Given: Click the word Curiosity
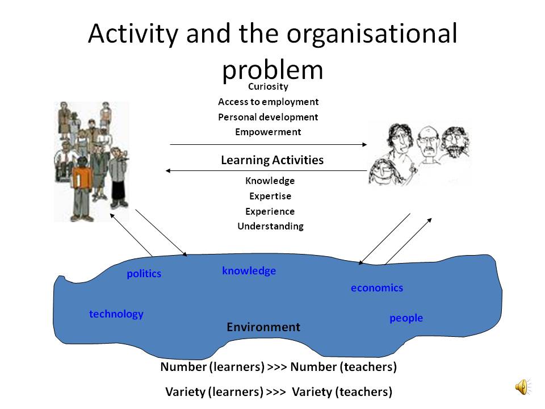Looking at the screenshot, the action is point(268,86).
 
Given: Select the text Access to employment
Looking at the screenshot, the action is point(268,102).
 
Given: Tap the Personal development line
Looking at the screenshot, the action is point(268,117).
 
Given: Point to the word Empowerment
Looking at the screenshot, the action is point(268,132).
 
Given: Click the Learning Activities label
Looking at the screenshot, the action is point(272,160).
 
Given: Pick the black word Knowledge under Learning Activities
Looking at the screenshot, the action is point(270,181).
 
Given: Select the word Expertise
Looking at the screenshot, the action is point(270,196).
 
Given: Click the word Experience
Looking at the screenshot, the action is point(270,211).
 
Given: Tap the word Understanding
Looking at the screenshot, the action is point(270,227).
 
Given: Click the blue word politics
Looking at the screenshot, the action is point(144,274).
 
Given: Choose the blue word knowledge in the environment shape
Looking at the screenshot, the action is point(249,270).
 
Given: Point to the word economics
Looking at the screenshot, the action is point(377,288).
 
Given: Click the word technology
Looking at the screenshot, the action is point(116,314).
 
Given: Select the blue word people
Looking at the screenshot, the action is point(406,318).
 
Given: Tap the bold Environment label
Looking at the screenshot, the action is point(263,327).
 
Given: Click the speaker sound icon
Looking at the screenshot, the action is point(522,387).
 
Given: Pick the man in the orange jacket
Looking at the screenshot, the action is point(82,190).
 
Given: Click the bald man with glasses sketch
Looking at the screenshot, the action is point(429,146).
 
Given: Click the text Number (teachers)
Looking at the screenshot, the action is point(343,367).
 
